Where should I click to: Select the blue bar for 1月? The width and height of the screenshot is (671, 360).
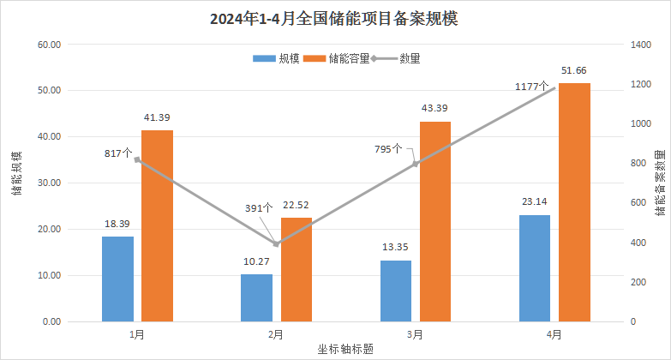117,279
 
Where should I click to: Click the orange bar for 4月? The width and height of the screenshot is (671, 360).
574,201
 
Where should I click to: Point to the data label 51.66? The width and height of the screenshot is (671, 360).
574,70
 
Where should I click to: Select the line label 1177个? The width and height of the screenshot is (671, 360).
531,87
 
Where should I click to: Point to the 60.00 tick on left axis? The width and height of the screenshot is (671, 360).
45,45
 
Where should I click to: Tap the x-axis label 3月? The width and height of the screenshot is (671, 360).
415,335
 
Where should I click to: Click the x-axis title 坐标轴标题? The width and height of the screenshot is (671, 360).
345,349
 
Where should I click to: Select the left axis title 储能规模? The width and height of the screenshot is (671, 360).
16,174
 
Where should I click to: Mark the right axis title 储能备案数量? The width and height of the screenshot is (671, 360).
659,182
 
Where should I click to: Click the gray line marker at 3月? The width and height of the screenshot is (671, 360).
416,164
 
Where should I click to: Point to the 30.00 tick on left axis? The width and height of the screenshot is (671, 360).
45,183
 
